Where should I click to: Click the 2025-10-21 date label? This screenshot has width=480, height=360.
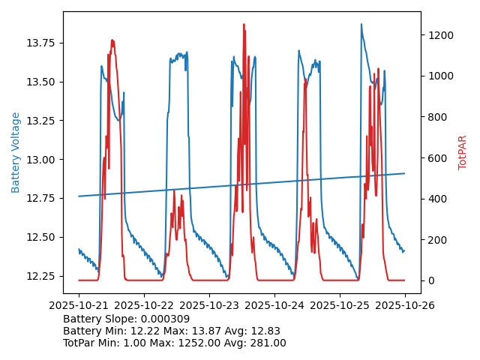pos(79,306)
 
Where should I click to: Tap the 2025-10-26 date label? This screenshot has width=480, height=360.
pos(405,306)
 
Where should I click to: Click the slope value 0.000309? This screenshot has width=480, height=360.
pos(164,319)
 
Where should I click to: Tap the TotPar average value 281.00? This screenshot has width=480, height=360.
pos(263,343)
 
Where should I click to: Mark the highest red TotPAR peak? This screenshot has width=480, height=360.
pos(244,24)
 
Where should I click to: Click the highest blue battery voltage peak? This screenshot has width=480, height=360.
pos(361,24)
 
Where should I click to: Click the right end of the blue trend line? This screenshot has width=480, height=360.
pos(405,173)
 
